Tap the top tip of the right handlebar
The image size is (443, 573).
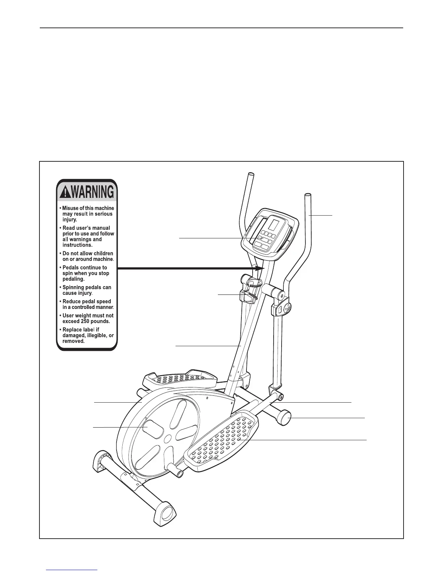308,196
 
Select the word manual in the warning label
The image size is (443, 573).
102,228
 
